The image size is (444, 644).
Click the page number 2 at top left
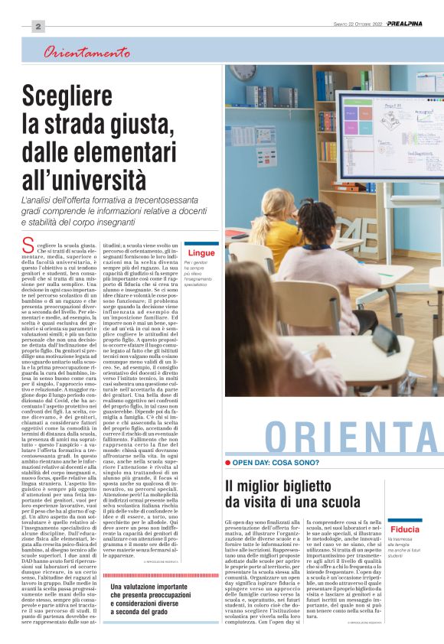38,26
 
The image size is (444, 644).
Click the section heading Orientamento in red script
87,54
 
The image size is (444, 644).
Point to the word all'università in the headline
84,178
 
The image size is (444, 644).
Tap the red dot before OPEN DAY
228,463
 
